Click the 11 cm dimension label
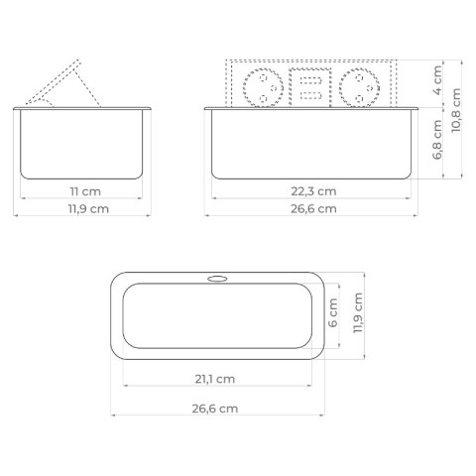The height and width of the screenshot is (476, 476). pos(85,191)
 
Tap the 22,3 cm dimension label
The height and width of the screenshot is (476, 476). pos(313,191)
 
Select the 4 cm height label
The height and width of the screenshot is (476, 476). pos(437,80)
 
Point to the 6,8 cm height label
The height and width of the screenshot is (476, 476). pos(437,140)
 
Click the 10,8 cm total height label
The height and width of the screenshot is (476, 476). pos(456,110)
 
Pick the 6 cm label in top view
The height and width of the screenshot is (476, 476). pos(333,312)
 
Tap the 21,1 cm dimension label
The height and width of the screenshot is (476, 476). pos(215,379)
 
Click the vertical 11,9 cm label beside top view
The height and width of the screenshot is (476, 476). pos(358,312)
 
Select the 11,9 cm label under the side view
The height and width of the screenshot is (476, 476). pos(88,209)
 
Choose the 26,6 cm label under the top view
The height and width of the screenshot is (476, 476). pos(215,409)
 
